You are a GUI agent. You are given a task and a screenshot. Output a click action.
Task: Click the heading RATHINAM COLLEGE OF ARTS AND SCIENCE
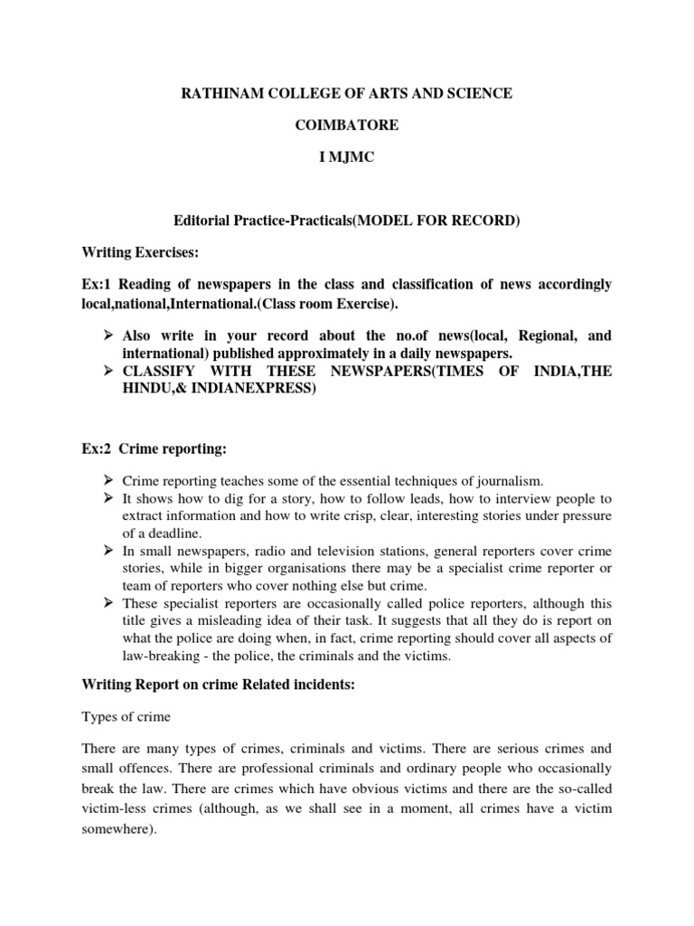click(346, 94)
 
